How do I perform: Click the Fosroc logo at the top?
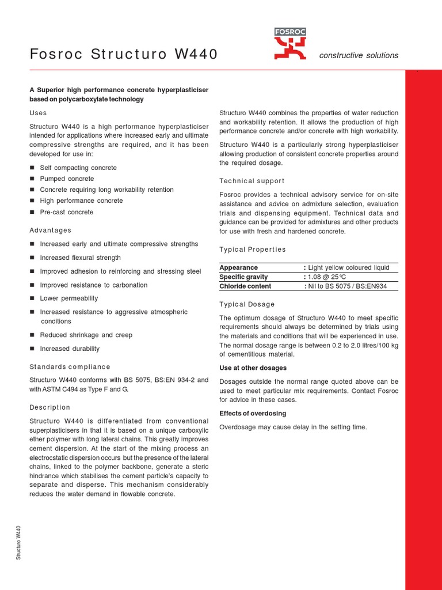click(x=290, y=44)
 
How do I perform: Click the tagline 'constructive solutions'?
click(x=359, y=55)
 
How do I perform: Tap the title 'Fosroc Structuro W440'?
click(x=124, y=55)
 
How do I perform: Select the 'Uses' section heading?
click(x=38, y=113)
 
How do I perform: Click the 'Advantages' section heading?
click(x=51, y=230)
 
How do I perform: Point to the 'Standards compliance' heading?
click(x=70, y=367)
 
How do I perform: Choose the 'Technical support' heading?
click(x=252, y=181)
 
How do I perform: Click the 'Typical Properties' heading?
click(x=253, y=249)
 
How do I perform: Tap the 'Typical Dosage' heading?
click(x=247, y=304)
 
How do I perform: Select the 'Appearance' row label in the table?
click(x=239, y=268)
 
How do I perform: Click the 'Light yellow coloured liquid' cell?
click(x=349, y=268)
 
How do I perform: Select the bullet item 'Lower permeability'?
click(x=69, y=298)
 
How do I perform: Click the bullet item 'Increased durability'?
click(x=70, y=349)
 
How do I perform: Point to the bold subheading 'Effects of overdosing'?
click(x=253, y=414)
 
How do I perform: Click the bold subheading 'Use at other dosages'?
click(x=253, y=368)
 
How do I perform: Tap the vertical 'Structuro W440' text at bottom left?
click(x=18, y=542)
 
